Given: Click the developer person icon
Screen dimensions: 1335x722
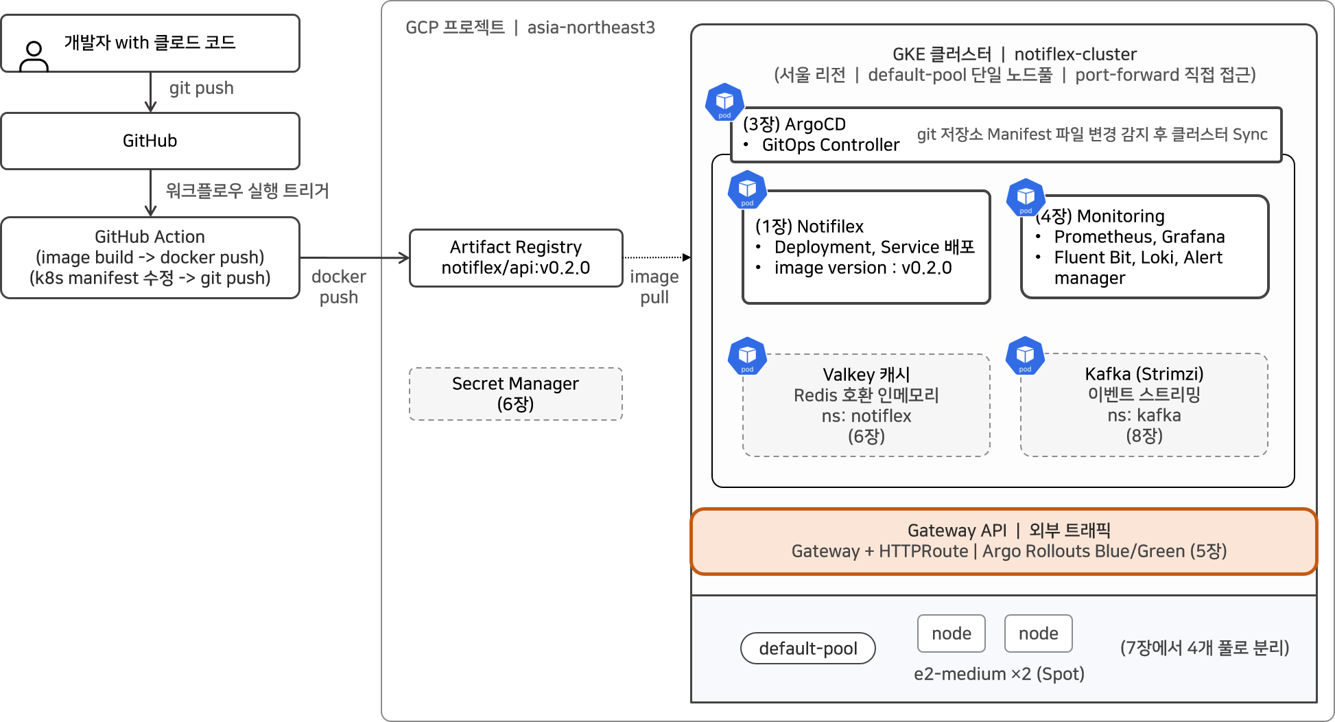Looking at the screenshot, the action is pyautogui.click(x=34, y=56).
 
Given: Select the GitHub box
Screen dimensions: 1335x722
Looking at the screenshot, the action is pyautogui.click(x=150, y=141).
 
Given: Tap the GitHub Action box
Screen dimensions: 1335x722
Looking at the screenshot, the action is pyautogui.click(x=150, y=257).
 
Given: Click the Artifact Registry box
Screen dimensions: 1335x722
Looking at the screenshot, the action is pyautogui.click(x=516, y=257).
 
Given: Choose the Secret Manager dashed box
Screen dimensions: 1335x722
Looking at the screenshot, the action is pyautogui.click(x=516, y=394).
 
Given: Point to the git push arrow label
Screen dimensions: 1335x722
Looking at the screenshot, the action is pyautogui.click(x=202, y=88).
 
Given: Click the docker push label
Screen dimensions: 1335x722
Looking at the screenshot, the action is pyautogui.click(x=339, y=287).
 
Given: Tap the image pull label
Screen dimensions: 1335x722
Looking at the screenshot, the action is pyautogui.click(x=654, y=287).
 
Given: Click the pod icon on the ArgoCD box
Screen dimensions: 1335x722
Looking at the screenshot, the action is pyautogui.click(x=724, y=102).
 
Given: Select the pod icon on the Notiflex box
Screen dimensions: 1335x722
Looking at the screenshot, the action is pyautogui.click(x=747, y=189).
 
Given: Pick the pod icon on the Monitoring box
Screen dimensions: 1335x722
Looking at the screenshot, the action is pyautogui.click(x=1026, y=197).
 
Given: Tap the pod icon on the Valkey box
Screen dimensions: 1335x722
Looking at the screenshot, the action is pyautogui.click(x=747, y=356).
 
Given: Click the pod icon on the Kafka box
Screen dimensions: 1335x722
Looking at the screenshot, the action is pyautogui.click(x=1025, y=356).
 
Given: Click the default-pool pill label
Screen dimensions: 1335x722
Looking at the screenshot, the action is pyautogui.click(x=808, y=648).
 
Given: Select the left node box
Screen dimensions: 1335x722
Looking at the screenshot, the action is pyautogui.click(x=952, y=633).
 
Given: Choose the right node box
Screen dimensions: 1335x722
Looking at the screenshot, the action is pyautogui.click(x=1039, y=633).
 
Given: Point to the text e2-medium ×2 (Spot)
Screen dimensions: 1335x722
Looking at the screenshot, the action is pyautogui.click(x=999, y=674).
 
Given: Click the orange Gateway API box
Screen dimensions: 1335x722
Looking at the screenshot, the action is pyautogui.click(x=1004, y=541).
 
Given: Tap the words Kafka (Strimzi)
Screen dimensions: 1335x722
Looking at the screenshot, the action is pyautogui.click(x=1144, y=373).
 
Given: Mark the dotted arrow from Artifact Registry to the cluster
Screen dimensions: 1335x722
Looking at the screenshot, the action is pyautogui.click(x=657, y=257).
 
